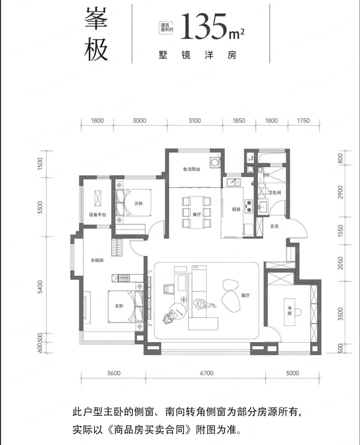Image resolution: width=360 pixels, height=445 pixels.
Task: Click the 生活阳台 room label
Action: point(191,169)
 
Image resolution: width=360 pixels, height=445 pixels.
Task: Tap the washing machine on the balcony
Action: point(215,162)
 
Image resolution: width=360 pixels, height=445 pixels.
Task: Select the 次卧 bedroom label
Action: point(138,203)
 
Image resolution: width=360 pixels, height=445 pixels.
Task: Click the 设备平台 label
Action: point(98,215)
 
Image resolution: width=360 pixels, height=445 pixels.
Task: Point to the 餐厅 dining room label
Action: point(197,214)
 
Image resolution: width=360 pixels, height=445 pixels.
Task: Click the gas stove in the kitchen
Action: point(249,206)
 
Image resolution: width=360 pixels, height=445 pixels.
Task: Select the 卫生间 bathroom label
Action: point(275,192)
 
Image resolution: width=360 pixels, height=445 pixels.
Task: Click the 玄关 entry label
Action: point(274,226)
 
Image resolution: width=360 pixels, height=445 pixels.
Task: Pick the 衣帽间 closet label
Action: point(97,260)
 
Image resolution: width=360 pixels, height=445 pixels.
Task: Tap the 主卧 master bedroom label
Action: point(119,306)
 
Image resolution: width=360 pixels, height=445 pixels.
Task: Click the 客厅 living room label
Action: point(245,295)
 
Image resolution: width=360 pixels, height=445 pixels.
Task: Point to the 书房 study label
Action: point(289,311)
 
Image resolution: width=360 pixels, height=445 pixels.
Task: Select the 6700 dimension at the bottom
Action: point(207,373)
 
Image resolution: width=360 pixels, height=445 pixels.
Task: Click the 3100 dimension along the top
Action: point(195,121)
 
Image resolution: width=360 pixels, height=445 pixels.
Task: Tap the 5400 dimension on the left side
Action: point(40,287)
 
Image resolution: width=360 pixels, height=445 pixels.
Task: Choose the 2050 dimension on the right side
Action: point(340,263)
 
